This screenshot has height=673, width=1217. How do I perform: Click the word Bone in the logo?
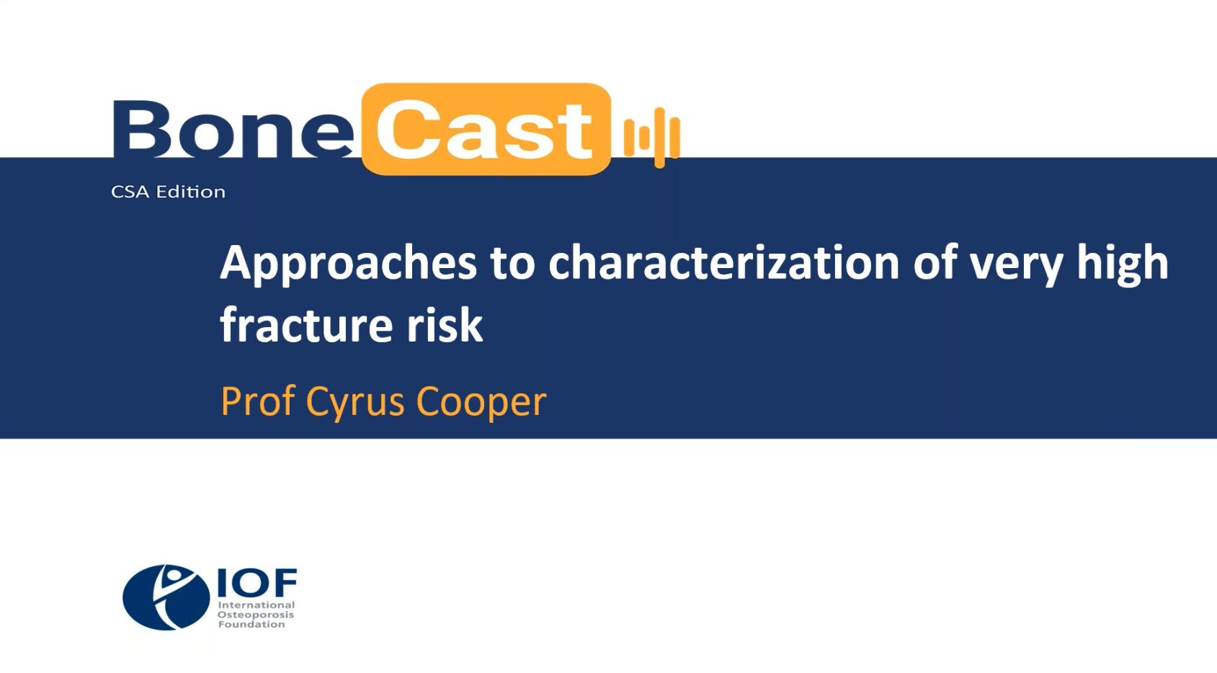[x=233, y=128]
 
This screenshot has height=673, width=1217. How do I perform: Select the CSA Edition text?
[x=168, y=192]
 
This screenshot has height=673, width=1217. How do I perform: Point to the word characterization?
[x=723, y=262]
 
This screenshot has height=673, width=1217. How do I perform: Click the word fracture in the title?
[x=306, y=324]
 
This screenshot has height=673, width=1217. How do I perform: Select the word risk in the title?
[x=445, y=324]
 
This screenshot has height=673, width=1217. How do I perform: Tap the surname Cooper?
[x=481, y=403]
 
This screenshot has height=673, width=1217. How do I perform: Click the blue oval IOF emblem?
[x=166, y=597]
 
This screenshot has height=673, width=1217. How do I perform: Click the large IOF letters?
[x=257, y=582]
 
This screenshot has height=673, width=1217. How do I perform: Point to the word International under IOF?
[x=257, y=605]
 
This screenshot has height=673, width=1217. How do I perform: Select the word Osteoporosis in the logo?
[x=256, y=615]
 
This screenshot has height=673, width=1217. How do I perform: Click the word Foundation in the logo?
[x=251, y=624]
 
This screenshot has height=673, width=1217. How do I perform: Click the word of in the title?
[x=935, y=262]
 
